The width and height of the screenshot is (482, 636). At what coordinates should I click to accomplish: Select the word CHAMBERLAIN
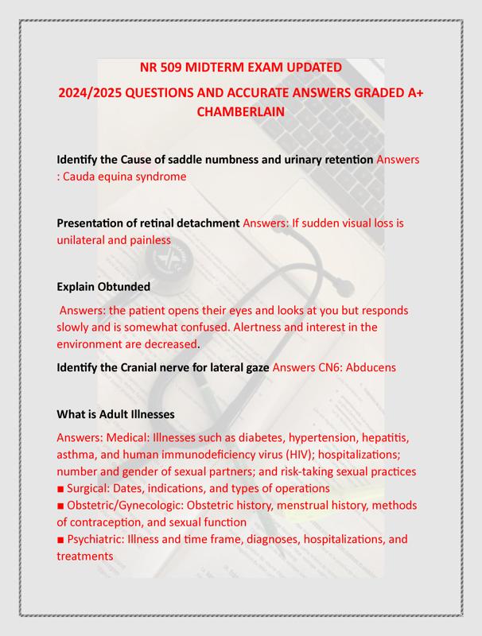click(240, 112)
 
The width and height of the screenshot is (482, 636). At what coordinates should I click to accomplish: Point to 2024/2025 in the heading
click(97, 92)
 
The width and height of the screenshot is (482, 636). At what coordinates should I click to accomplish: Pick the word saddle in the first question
click(181, 159)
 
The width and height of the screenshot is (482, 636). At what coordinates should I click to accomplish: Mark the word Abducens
click(368, 368)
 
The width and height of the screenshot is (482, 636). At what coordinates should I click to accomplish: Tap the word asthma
click(78, 454)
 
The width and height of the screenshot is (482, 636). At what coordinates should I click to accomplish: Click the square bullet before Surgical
click(60, 488)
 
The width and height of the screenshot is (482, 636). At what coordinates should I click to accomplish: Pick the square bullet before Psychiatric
click(60, 540)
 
